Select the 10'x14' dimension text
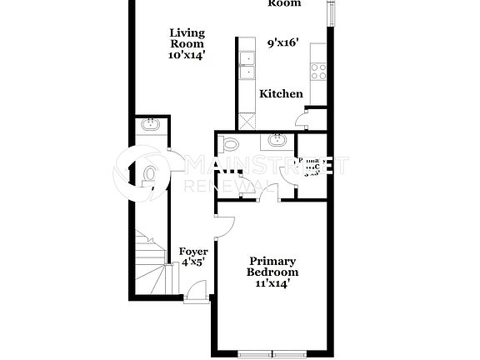pyautogui.click(x=187, y=55)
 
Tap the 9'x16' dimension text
pyautogui.click(x=283, y=42)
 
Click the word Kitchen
pyautogui.click(x=281, y=93)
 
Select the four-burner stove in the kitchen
pyautogui.click(x=317, y=71)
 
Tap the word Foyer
pyautogui.click(x=193, y=252)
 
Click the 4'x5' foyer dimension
pyautogui.click(x=193, y=262)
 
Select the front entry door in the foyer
pyautogui.click(x=197, y=291)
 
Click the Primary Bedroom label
pyautogui.click(x=272, y=267)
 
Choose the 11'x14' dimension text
pyautogui.click(x=272, y=283)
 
